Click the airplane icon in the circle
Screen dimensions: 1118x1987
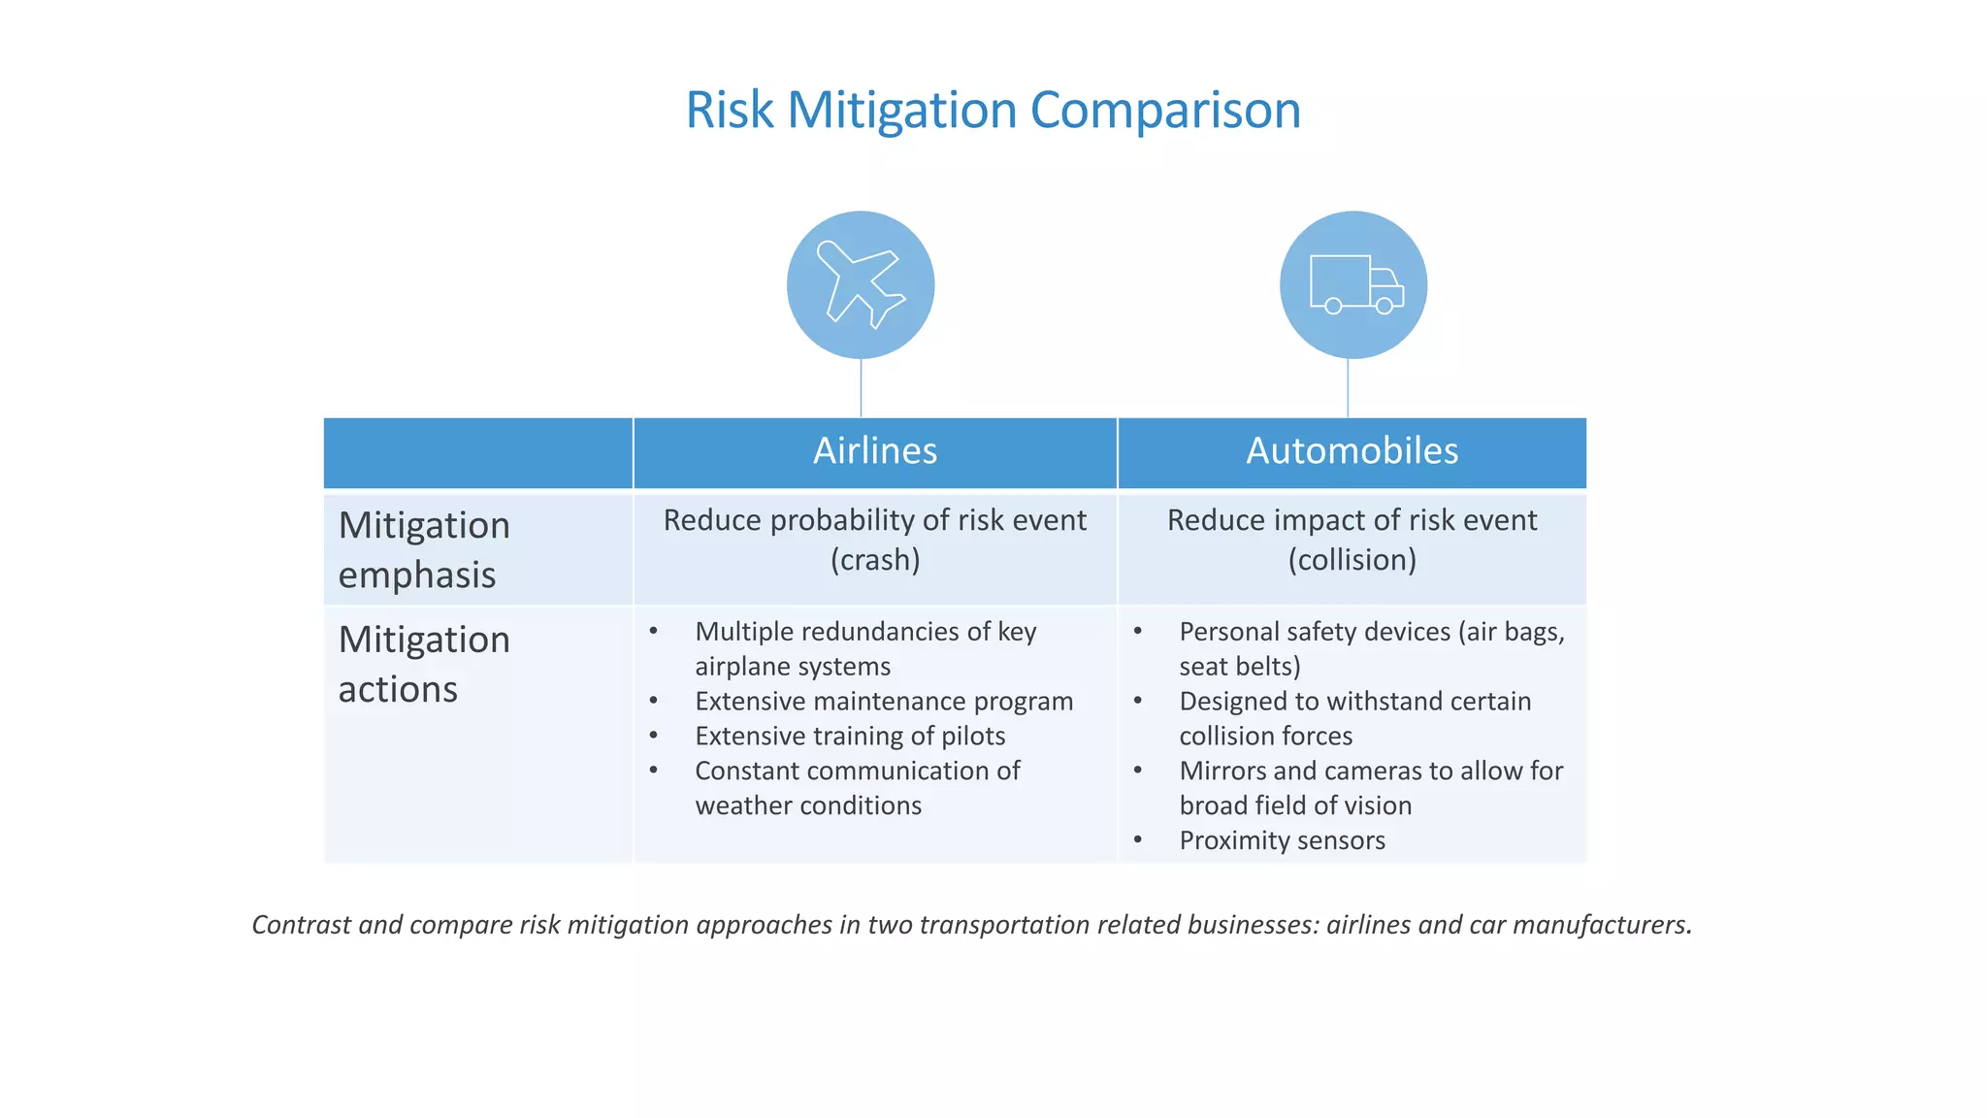(861, 284)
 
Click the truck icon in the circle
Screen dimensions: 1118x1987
(1354, 284)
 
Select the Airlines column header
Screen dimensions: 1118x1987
(875, 451)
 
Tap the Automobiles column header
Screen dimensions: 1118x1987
(1352, 451)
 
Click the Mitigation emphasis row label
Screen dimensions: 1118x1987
(424, 549)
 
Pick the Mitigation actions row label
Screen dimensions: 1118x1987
(424, 664)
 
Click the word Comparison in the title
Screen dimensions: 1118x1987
(1164, 110)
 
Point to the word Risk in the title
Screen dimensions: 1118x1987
(729, 110)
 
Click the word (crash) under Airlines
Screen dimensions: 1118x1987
(875, 560)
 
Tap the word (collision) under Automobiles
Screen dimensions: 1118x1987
(1352, 560)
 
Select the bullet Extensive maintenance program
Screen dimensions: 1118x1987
(883, 702)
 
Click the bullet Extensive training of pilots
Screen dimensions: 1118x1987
(850, 737)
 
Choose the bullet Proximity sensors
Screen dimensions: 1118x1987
(1282, 840)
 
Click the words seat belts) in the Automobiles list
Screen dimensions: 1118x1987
(1239, 667)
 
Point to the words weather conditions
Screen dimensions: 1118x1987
(808, 806)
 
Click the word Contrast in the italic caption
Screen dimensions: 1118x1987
(301, 925)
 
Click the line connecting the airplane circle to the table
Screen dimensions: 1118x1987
(861, 388)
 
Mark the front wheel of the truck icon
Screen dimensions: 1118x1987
(1384, 307)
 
